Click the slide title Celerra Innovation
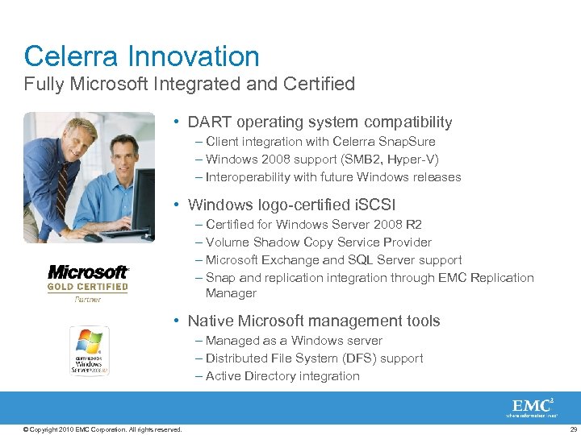[141, 56]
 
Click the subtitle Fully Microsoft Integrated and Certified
[189, 83]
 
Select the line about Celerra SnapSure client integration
[320, 142]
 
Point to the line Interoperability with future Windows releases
[333, 177]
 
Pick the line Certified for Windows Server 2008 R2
[314, 225]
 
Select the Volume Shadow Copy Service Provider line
[319, 242]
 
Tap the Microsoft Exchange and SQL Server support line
[334, 260]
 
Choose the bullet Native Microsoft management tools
[314, 321]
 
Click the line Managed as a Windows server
[294, 341]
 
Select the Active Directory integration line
[282, 376]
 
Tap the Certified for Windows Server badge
[89, 351]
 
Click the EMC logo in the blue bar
[533, 408]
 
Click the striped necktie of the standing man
[62, 185]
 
